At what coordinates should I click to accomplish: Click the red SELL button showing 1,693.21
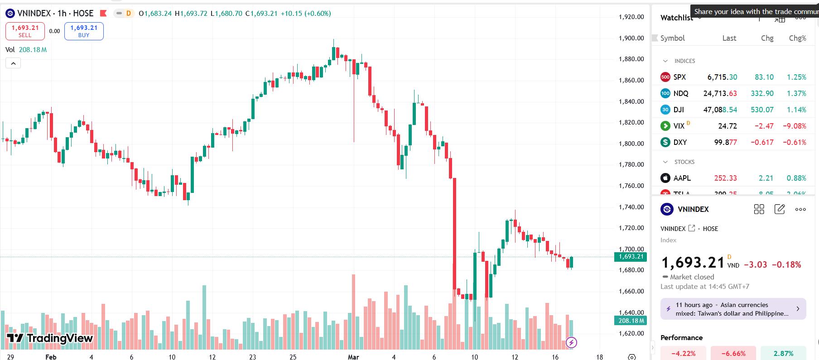click(x=25, y=31)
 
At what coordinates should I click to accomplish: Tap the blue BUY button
click(x=84, y=31)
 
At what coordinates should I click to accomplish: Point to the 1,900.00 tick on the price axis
click(x=631, y=38)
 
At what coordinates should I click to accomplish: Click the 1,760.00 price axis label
click(x=631, y=186)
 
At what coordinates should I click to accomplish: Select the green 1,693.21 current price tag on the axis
click(x=631, y=257)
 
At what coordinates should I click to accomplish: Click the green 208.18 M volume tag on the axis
click(x=631, y=321)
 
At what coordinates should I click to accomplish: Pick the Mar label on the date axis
click(x=353, y=357)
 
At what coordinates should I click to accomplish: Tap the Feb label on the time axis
click(x=51, y=357)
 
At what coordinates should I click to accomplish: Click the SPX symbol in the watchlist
click(x=679, y=77)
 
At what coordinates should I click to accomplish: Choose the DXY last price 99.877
click(x=725, y=142)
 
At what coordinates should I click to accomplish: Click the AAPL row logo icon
click(x=665, y=178)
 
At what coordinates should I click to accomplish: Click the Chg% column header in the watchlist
click(x=797, y=38)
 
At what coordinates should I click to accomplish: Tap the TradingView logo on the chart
click(x=50, y=338)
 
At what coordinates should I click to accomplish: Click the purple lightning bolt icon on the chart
click(x=572, y=342)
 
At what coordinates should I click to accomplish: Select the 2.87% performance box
click(x=783, y=353)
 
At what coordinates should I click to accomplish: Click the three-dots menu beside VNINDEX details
click(x=800, y=209)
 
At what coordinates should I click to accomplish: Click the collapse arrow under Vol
click(x=13, y=63)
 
